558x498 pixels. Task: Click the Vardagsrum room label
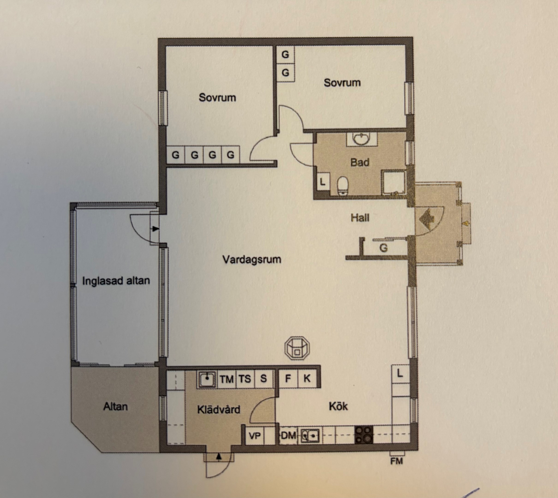(252, 259)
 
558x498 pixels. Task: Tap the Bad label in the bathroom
(360, 162)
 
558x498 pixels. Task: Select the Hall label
(360, 218)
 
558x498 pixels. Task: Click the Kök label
(338, 406)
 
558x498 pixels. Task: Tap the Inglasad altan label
(116, 281)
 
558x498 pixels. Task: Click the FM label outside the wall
(397, 461)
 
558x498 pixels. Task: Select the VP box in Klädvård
(255, 436)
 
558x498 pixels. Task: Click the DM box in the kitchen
(288, 435)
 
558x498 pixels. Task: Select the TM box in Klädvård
(227, 379)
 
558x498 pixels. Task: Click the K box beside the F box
(307, 378)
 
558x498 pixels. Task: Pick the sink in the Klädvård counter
(207, 379)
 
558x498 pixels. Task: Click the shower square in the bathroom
(394, 183)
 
